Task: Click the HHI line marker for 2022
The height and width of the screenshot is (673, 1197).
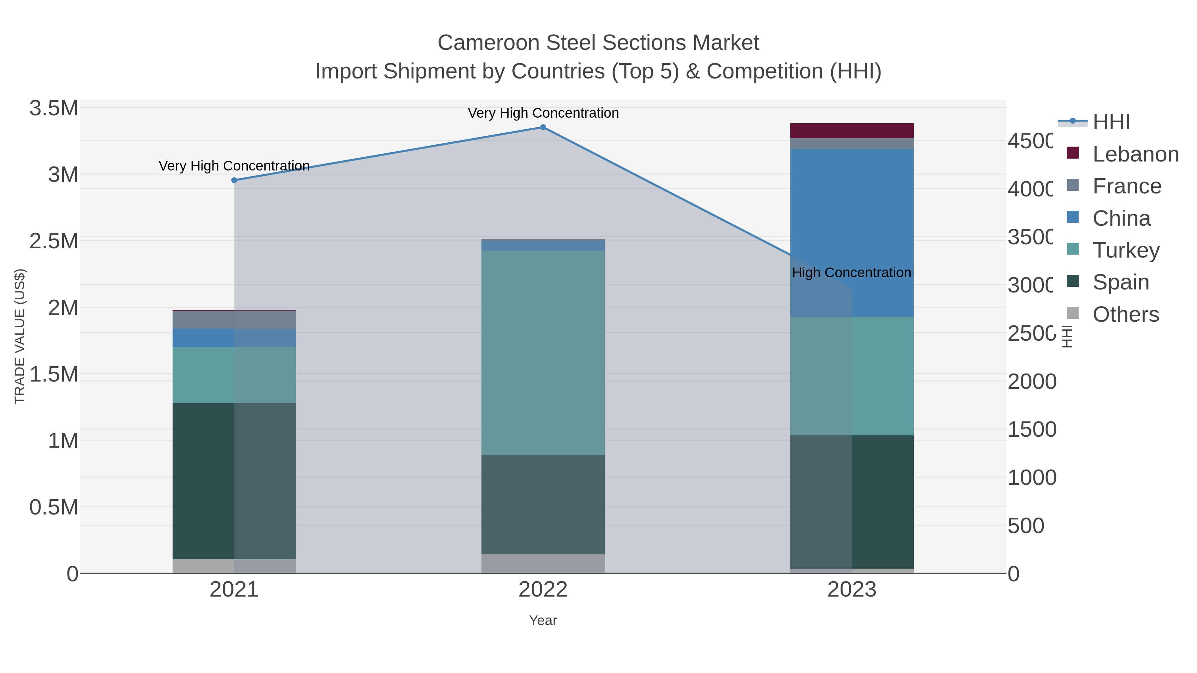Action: [x=543, y=127]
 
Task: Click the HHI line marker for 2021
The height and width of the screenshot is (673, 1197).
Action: [x=234, y=180]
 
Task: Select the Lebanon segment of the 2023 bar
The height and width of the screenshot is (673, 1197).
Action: [x=852, y=131]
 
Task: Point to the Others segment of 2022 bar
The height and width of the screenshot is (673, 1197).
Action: [x=543, y=563]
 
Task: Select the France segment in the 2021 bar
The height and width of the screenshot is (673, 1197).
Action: [x=234, y=320]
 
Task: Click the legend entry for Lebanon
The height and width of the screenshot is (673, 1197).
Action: [x=1135, y=154]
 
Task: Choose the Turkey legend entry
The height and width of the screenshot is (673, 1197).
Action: [x=1126, y=250]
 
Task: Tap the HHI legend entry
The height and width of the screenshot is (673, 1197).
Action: [x=1111, y=122]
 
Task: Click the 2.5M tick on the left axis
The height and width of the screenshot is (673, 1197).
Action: [x=54, y=241]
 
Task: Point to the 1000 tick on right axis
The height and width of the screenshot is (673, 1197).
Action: [x=1031, y=478]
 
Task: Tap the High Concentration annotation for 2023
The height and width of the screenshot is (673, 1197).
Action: [x=851, y=273]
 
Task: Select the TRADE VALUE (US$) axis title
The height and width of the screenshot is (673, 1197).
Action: [x=20, y=336]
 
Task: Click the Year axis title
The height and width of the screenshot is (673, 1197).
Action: [x=543, y=620]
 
